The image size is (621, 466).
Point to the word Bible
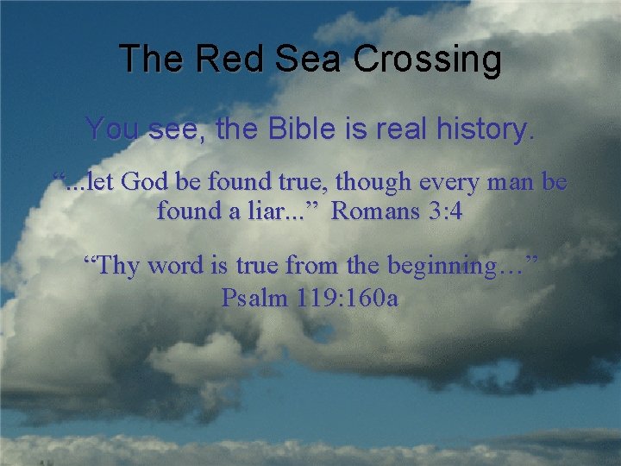point(298,130)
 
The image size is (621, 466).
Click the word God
point(151,182)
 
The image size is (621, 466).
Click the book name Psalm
point(254,298)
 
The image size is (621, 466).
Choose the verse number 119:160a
point(345,298)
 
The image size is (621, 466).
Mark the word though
point(371,183)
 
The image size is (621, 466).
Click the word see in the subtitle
point(177,130)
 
